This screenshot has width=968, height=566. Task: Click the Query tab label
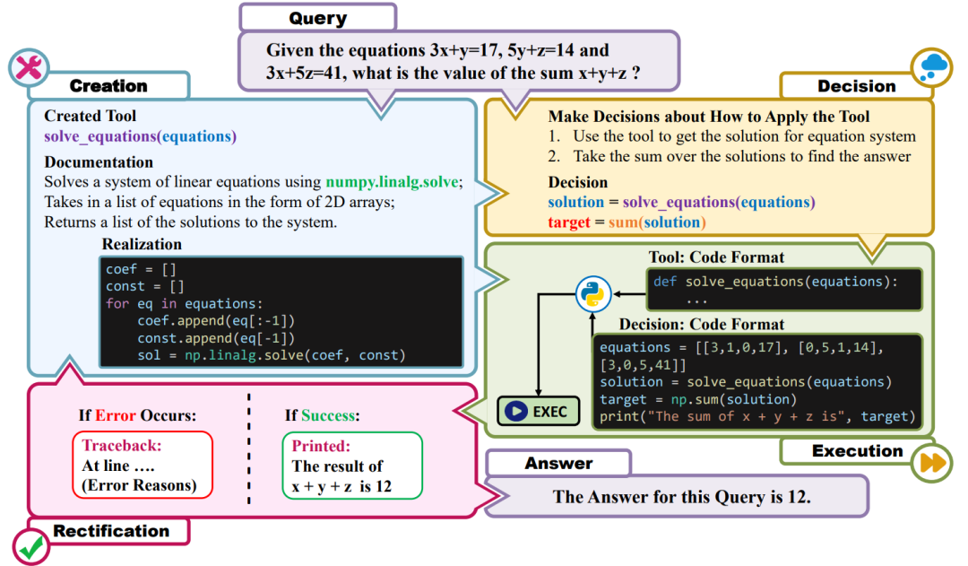click(318, 18)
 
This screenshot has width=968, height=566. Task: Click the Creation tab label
click(108, 86)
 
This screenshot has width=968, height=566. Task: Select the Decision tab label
click(856, 86)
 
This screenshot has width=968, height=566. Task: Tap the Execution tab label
click(857, 451)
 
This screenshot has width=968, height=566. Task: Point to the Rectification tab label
click(111, 531)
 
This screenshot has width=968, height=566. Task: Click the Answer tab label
click(558, 463)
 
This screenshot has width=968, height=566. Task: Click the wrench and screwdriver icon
click(29, 68)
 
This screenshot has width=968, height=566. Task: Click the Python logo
click(592, 292)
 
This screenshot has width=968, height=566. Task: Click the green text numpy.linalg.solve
click(393, 182)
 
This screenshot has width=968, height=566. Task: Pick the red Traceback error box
click(143, 466)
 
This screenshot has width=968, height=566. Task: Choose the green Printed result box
click(352, 466)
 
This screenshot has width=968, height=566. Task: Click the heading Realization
click(142, 244)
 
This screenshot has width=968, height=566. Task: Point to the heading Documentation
click(99, 162)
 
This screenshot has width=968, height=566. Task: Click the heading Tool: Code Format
click(716, 257)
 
